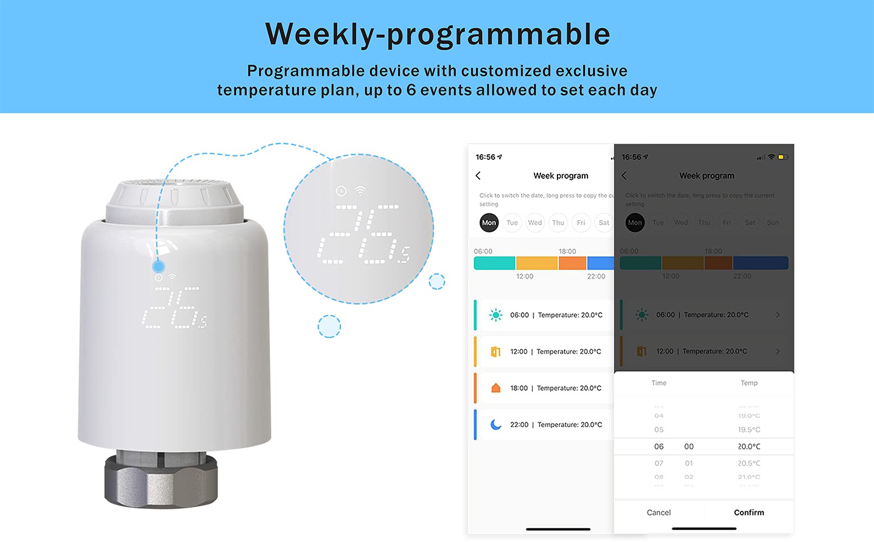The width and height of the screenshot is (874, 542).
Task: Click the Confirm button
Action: pyautogui.click(x=749, y=512)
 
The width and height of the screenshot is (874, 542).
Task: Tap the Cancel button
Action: pyautogui.click(x=659, y=512)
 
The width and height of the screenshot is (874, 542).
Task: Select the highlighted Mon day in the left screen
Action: pyautogui.click(x=489, y=223)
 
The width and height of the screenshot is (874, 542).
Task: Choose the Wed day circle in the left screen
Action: pyautogui.click(x=535, y=223)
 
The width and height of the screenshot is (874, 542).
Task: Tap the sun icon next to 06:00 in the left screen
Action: pyautogui.click(x=495, y=315)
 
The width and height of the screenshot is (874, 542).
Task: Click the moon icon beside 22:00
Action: pyautogui.click(x=496, y=425)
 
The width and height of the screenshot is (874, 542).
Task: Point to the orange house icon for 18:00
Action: pyautogui.click(x=496, y=388)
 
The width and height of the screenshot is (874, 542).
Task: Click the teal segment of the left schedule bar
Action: pyautogui.click(x=494, y=263)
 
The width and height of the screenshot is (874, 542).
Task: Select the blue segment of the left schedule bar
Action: pyautogui.click(x=600, y=263)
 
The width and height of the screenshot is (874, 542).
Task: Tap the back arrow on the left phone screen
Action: pyautogui.click(x=478, y=175)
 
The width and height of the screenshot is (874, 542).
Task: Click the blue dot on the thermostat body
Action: pyautogui.click(x=159, y=266)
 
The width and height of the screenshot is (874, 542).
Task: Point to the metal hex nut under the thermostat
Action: pyautogui.click(x=161, y=480)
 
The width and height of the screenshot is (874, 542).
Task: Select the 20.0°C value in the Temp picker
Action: pyautogui.click(x=749, y=447)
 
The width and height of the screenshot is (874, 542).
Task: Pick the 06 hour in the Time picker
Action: pyautogui.click(x=659, y=447)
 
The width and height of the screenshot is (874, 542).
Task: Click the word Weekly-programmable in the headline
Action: pyautogui.click(x=437, y=34)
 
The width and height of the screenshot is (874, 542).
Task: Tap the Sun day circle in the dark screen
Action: pyautogui.click(x=773, y=223)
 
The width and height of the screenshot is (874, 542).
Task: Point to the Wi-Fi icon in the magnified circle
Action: pyautogui.click(x=360, y=191)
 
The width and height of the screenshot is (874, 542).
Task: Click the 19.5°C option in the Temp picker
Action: pyautogui.click(x=749, y=429)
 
